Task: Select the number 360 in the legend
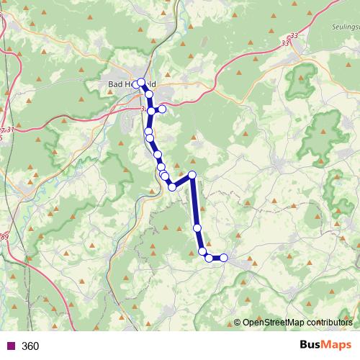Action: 31,346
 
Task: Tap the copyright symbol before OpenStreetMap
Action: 238,322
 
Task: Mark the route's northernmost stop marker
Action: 141,82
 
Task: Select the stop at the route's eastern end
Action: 224,258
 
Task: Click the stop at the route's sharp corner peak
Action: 192,174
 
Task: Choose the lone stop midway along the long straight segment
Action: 197,228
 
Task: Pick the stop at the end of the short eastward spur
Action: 162,109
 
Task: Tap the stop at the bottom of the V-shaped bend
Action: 172,187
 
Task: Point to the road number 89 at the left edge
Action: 5,237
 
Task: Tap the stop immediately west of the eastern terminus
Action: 209,258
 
